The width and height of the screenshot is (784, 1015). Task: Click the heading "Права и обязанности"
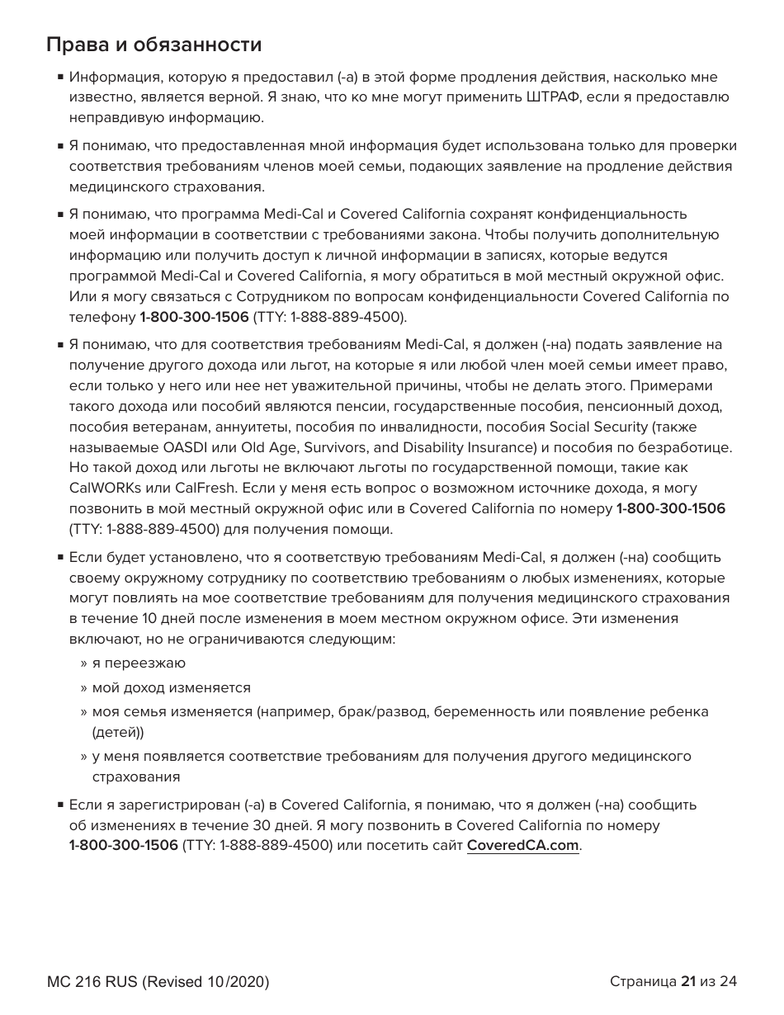coord(154,44)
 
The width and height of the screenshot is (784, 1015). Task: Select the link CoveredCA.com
coord(522,846)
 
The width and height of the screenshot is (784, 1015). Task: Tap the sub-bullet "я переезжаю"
coord(139,663)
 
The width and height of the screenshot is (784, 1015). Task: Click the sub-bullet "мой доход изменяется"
coord(171,687)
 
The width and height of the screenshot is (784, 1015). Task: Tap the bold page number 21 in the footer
coord(687,981)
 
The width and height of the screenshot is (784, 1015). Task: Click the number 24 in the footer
coord(728,981)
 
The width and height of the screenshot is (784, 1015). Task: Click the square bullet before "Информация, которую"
coord(61,78)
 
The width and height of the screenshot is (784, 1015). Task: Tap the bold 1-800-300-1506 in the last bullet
coord(123,846)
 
